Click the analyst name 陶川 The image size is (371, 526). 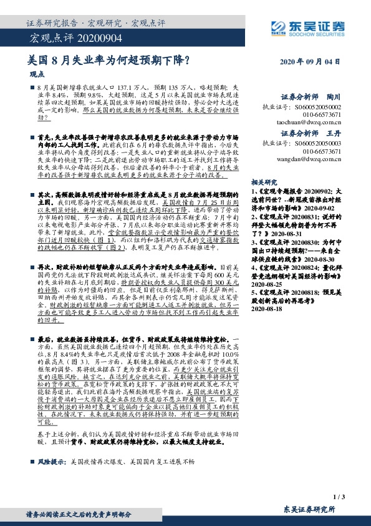click(x=334, y=97)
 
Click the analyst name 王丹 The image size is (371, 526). click(x=334, y=134)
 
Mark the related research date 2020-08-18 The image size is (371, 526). click(x=266, y=299)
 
